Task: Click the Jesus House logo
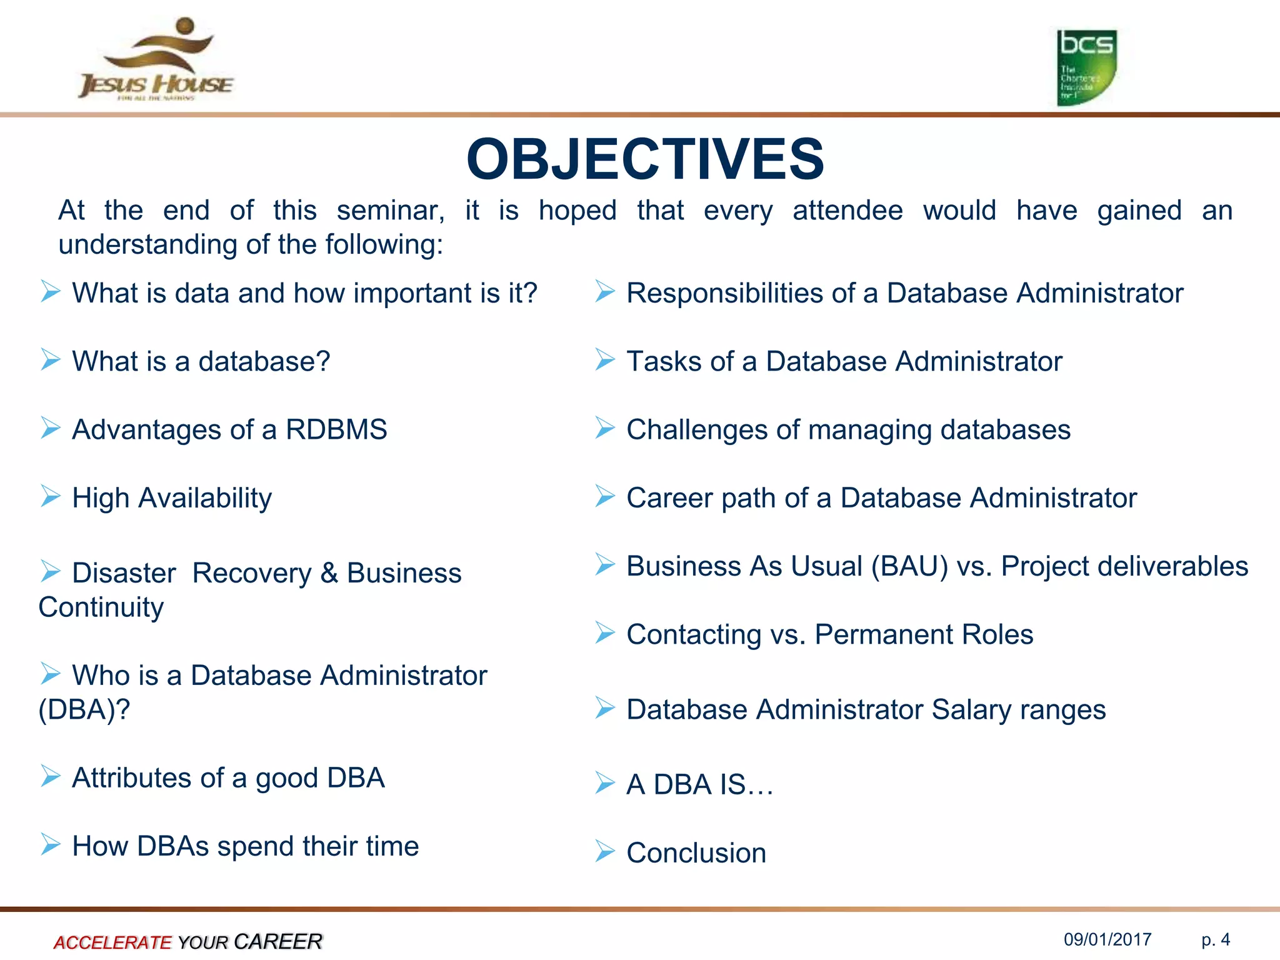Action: (x=156, y=59)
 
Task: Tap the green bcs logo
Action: (x=1086, y=67)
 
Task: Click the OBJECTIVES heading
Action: (x=645, y=159)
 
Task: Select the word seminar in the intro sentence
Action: (x=390, y=211)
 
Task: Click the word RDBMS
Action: (x=336, y=430)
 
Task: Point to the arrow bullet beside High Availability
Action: (x=50, y=496)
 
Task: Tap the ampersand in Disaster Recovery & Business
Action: (x=329, y=574)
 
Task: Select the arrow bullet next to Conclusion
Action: (x=604, y=851)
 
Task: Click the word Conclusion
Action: (x=696, y=853)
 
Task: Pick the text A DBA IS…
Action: (x=699, y=785)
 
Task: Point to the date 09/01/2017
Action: (x=1107, y=939)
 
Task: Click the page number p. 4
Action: (x=1216, y=939)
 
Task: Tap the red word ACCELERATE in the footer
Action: (x=112, y=942)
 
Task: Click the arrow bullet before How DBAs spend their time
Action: (x=50, y=844)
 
